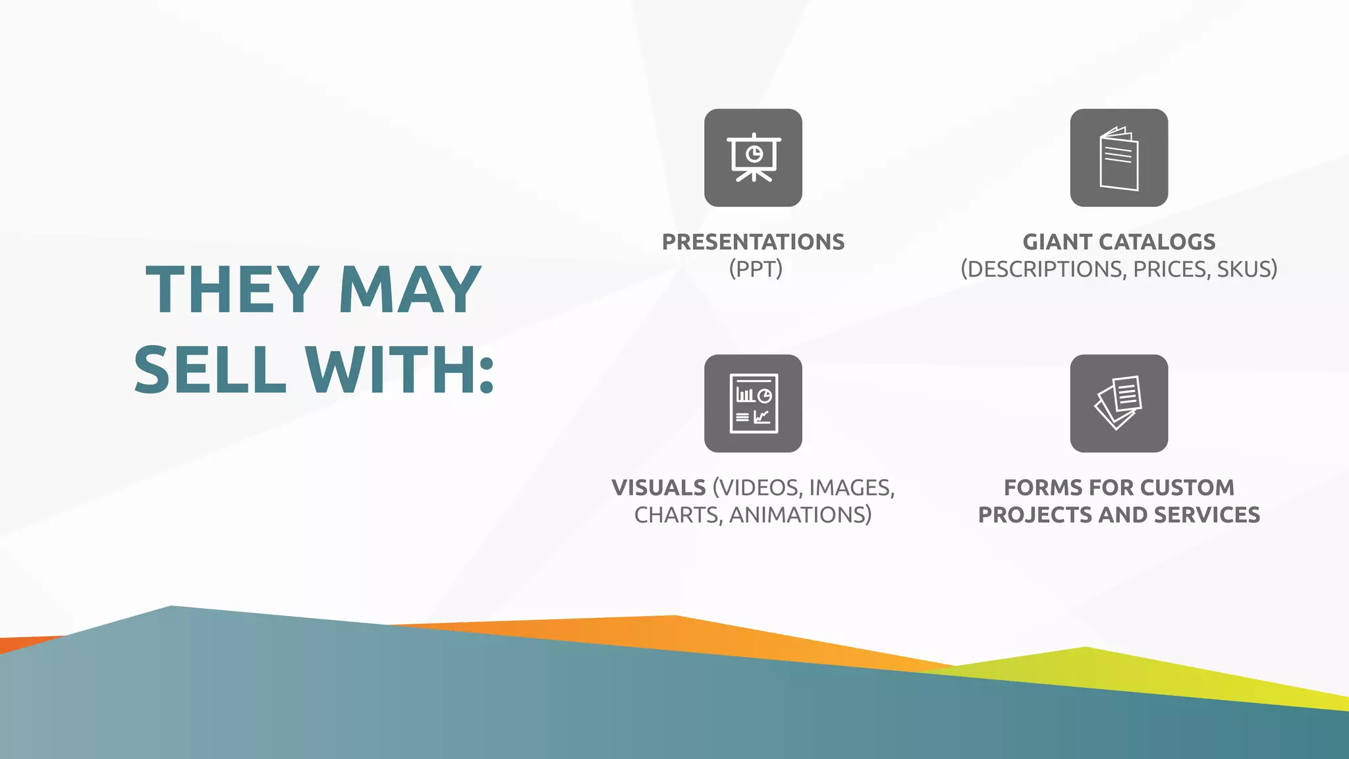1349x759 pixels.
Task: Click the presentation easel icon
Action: pos(753,158)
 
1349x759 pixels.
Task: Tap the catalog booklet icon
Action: pos(1118,158)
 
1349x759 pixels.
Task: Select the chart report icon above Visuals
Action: pos(753,403)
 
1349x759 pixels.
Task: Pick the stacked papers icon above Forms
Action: pos(1118,403)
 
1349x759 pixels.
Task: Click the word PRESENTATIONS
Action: pos(753,242)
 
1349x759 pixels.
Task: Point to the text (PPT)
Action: pos(756,269)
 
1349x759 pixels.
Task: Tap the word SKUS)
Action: pos(1247,269)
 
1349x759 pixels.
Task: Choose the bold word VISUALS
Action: pos(659,488)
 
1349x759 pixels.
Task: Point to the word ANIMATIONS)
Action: pos(800,515)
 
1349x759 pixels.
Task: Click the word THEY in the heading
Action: pos(233,289)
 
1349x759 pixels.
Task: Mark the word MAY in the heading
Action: pos(410,289)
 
